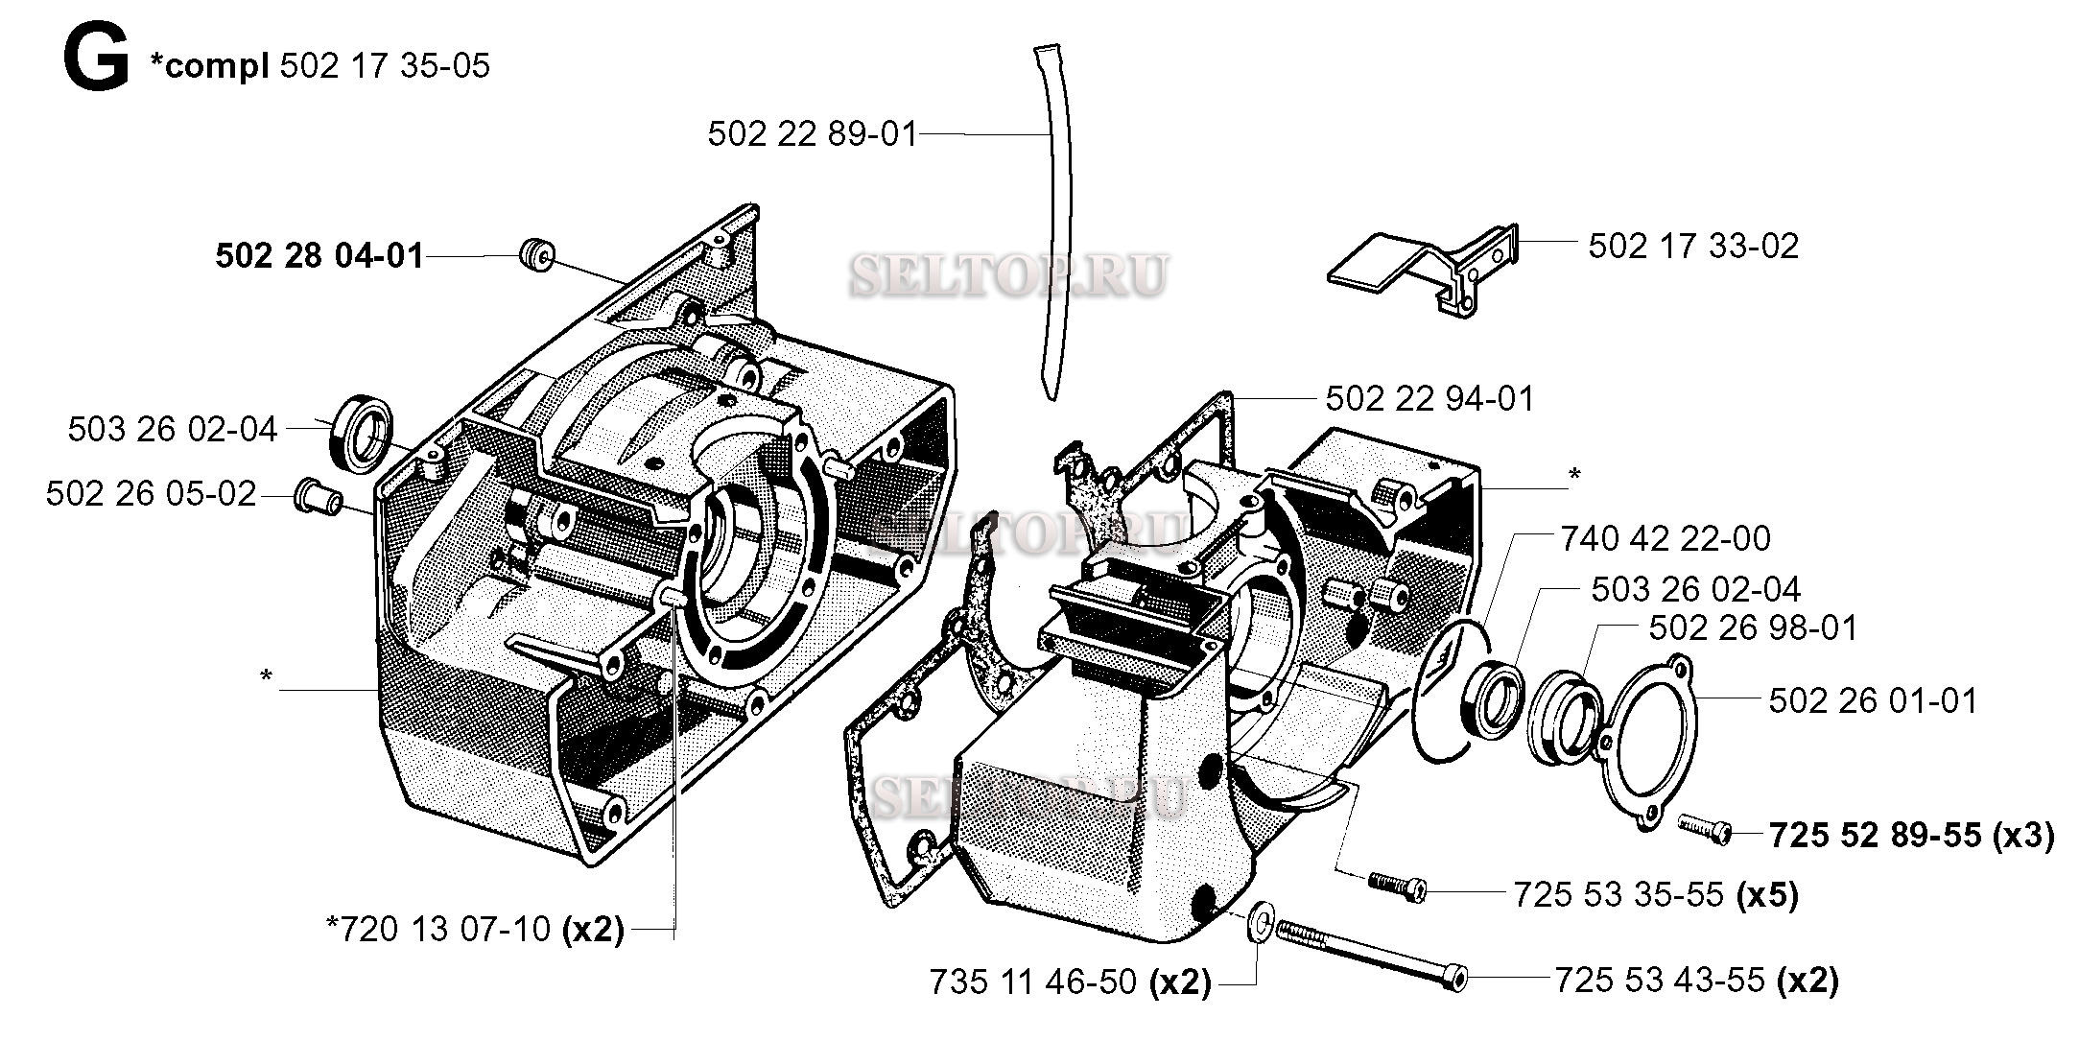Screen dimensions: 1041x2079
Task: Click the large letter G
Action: [95, 62]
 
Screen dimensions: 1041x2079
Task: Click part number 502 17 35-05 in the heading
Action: [384, 66]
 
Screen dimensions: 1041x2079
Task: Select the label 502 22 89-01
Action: [813, 134]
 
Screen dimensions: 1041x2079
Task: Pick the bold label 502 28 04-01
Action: [319, 257]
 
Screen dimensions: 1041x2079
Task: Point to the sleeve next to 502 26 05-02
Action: [318, 497]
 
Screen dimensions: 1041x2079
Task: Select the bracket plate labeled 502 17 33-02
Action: [1420, 269]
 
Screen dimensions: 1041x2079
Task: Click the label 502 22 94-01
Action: [1429, 399]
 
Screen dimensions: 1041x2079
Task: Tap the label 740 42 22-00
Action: [1665, 539]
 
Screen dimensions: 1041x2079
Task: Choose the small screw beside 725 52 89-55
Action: [1704, 828]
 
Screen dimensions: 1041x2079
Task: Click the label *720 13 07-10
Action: [438, 929]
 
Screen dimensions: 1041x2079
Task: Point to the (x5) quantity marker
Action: [1767, 895]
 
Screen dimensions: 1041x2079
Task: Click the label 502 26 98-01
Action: [1753, 628]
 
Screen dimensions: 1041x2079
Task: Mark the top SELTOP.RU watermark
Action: [1007, 275]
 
